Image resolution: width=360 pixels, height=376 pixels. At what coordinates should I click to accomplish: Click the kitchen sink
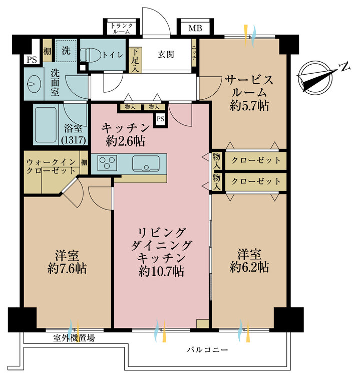coord(146,163)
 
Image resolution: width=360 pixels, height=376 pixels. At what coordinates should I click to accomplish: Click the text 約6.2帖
coord(249,267)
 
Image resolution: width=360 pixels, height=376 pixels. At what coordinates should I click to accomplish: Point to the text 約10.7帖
coord(161,272)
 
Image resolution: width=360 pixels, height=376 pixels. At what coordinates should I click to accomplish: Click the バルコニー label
coord(208,349)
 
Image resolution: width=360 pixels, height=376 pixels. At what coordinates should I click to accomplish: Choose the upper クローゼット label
coord(256,160)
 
